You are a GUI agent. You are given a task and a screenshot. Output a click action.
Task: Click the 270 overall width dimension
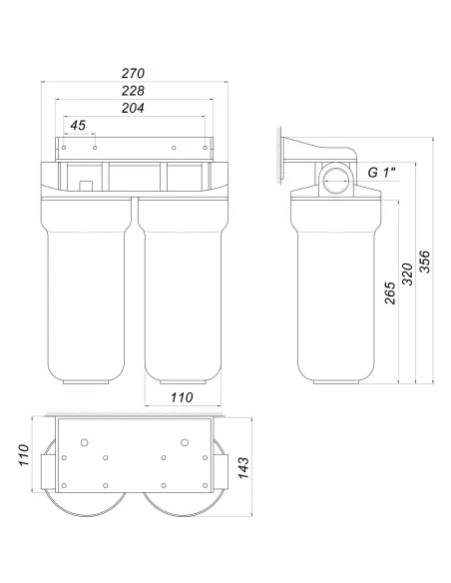(133, 73)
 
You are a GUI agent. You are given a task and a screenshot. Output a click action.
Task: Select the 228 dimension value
(133, 91)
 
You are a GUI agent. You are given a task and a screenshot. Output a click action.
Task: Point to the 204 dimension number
(133, 108)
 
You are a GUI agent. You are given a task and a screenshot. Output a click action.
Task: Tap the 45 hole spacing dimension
(78, 126)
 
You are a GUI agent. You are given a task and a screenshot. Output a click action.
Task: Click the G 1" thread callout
(381, 172)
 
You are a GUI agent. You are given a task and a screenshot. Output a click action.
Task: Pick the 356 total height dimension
(425, 262)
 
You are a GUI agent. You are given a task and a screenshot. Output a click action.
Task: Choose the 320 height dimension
(407, 274)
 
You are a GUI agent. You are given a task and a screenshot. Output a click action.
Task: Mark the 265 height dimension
(390, 292)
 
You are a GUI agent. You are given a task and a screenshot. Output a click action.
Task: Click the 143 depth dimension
(243, 468)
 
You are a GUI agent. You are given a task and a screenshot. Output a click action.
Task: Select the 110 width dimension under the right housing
(182, 397)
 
